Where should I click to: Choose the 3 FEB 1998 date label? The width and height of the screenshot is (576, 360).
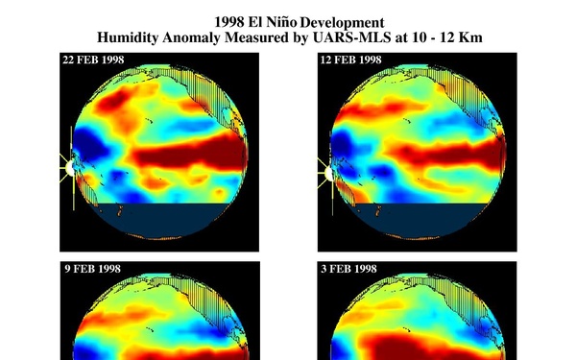click(x=348, y=272)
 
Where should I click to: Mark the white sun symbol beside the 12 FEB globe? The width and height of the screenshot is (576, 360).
click(x=327, y=175)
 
